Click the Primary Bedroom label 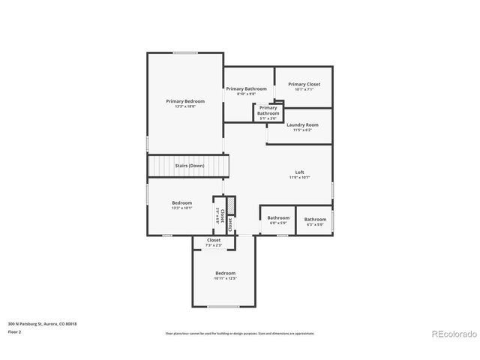(x=184, y=100)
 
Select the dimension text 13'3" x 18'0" (x=184, y=106)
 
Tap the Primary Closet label (x=304, y=84)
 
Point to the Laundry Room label (x=302, y=124)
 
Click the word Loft (x=299, y=172)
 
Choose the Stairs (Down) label (x=189, y=165)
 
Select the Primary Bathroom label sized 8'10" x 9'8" (x=246, y=88)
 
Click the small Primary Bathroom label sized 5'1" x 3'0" (x=268, y=110)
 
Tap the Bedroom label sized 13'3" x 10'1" (x=182, y=202)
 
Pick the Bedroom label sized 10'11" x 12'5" (x=225, y=273)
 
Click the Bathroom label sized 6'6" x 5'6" (x=278, y=217)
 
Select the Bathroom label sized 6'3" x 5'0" (x=314, y=219)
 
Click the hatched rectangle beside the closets (x=232, y=205)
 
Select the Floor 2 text (x=15, y=331)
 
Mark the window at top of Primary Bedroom (x=185, y=52)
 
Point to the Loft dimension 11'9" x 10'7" (x=299, y=178)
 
